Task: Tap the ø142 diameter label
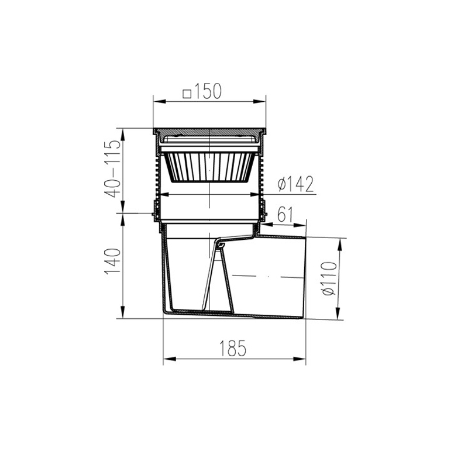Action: tap(296, 184)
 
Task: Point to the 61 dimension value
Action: tap(285, 214)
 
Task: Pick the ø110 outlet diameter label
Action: tap(329, 279)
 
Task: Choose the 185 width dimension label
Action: tap(233, 348)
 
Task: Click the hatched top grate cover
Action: tap(209, 131)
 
